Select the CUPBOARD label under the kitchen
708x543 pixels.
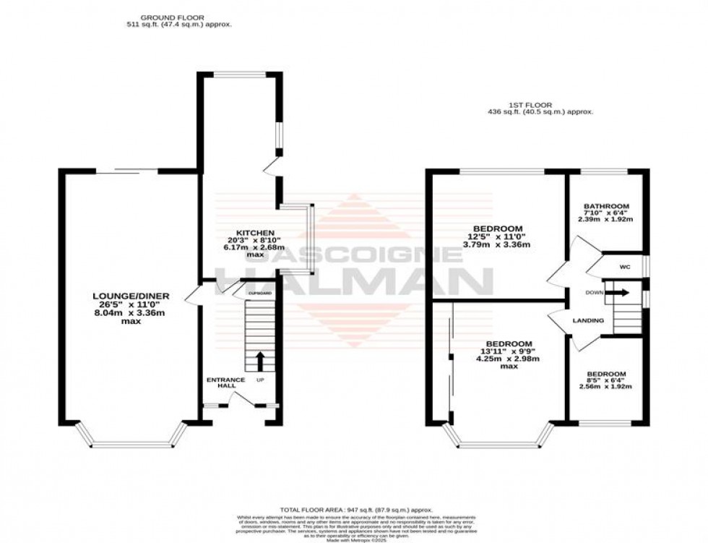pyautogui.click(x=259, y=293)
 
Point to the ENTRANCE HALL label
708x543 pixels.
pyautogui.click(x=225, y=383)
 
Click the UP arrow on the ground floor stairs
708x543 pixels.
pyautogui.click(x=258, y=361)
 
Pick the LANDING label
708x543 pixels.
pyautogui.click(x=589, y=320)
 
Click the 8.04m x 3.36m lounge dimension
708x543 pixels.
pyautogui.click(x=116, y=312)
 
